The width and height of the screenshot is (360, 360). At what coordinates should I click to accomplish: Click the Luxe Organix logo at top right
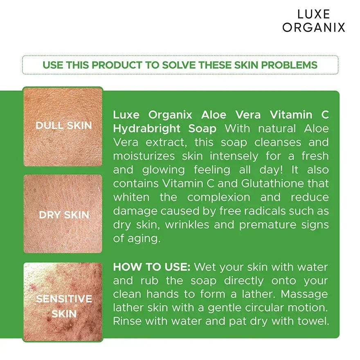point(314,21)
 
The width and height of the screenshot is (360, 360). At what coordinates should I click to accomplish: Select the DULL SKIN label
point(63,125)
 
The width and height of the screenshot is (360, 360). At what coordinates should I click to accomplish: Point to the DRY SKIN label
point(64,215)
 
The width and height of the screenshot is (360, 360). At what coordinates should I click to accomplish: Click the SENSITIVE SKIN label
point(64,306)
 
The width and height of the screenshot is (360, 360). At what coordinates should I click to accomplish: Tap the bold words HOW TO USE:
point(151,267)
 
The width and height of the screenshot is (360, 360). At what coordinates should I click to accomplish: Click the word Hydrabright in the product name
point(146,128)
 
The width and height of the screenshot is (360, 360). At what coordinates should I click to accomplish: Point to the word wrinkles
point(187,225)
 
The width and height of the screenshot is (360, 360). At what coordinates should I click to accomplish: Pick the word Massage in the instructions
point(305,295)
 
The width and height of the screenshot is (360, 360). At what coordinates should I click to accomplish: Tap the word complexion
point(219,198)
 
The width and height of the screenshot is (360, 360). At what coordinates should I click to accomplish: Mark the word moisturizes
point(144,156)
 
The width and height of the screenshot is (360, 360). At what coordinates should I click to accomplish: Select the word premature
point(268,225)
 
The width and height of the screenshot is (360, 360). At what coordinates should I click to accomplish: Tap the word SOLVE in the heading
point(178,65)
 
